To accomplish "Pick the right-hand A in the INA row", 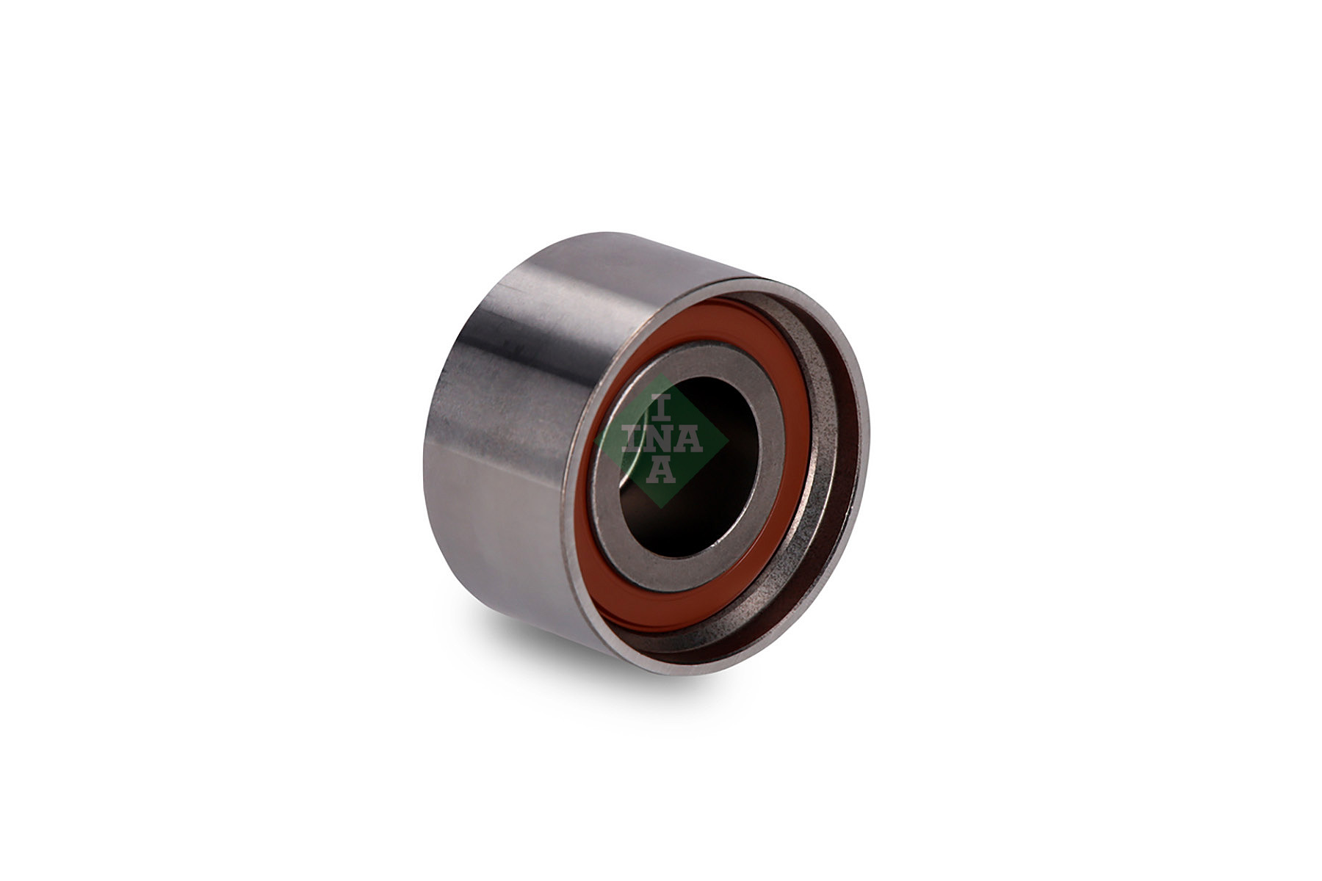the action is (690, 440).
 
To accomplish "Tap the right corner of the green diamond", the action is (729, 440).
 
